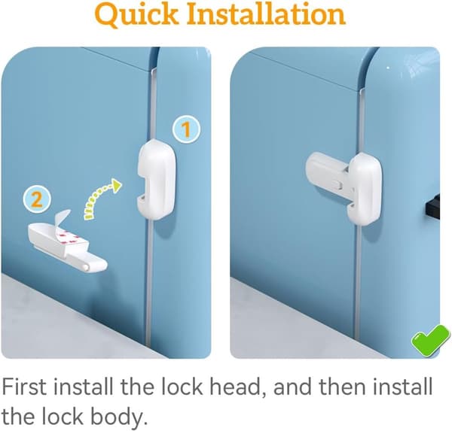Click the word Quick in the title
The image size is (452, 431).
(x=136, y=15)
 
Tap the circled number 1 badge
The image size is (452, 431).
(x=186, y=129)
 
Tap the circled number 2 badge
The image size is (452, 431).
(x=37, y=199)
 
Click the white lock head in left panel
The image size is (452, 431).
(x=156, y=179)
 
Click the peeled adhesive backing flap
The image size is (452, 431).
(x=63, y=220)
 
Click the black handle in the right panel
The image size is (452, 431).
(x=432, y=207)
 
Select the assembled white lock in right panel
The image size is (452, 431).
(x=344, y=189)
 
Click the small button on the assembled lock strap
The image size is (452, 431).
(x=337, y=185)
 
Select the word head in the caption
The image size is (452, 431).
(x=234, y=386)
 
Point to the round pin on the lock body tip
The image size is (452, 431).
(x=85, y=268)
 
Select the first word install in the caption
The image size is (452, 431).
(x=83, y=386)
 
